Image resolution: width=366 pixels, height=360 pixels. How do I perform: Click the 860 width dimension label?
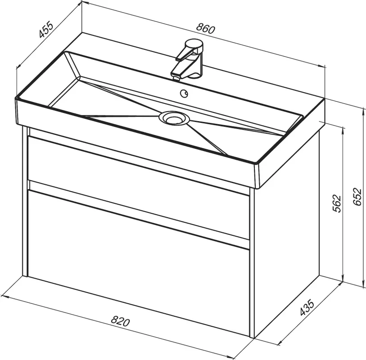pyautogui.click(x=205, y=28)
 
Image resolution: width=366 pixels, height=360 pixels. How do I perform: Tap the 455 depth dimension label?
pyautogui.click(x=46, y=29)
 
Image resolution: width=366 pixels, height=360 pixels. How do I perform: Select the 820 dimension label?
pyautogui.click(x=120, y=321)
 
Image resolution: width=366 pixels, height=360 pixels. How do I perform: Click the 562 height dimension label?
pyautogui.click(x=337, y=203)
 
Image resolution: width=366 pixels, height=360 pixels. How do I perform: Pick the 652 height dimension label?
pyautogui.click(x=357, y=197)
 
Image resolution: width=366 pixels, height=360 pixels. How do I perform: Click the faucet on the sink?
pyautogui.click(x=188, y=59)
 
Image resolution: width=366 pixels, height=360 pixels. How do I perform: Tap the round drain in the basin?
pyautogui.click(x=174, y=118)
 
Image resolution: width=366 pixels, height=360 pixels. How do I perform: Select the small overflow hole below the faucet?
pyautogui.click(x=184, y=94)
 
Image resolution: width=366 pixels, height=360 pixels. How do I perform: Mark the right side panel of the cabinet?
pyautogui.click(x=287, y=229)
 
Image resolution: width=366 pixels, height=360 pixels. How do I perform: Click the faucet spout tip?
pyautogui.click(x=176, y=76)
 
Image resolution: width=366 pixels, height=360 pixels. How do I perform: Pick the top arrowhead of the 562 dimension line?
pyautogui.click(x=343, y=130)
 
